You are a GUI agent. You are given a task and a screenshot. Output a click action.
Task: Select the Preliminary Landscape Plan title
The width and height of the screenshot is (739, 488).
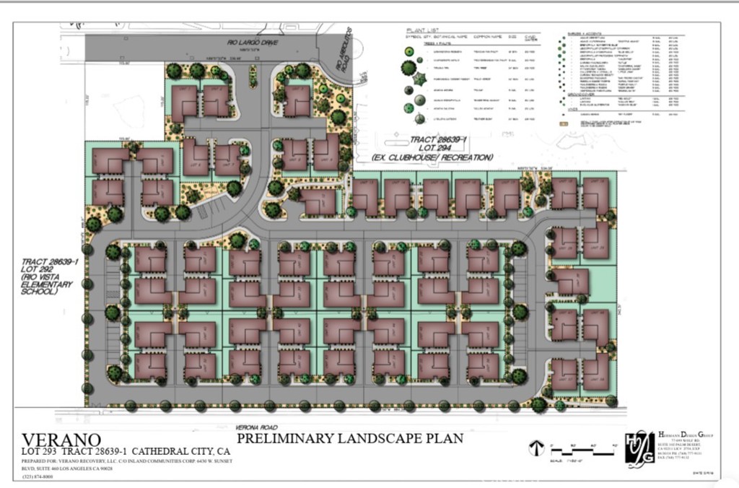coord(349,437)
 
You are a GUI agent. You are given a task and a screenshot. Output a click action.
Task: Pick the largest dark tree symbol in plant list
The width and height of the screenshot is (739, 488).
coord(409,68)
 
